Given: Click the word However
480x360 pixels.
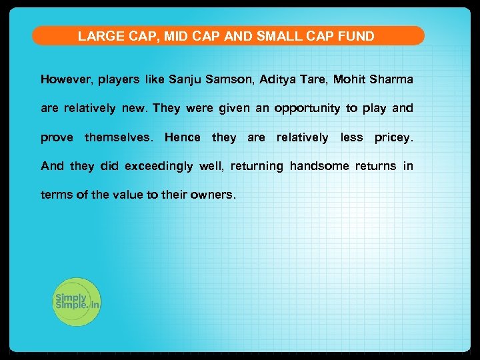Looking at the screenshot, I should (x=67, y=80).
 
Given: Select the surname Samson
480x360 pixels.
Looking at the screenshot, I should (x=229, y=80).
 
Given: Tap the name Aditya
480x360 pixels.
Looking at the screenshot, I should (x=279, y=80).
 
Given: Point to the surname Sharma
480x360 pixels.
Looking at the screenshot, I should (x=391, y=80).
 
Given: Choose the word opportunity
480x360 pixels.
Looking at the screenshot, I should (x=307, y=109).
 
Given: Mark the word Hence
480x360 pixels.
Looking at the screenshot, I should (x=182, y=137).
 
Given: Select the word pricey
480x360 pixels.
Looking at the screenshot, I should (x=394, y=137).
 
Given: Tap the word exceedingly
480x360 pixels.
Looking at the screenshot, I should (x=159, y=166).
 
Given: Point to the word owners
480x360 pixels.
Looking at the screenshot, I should (x=213, y=195).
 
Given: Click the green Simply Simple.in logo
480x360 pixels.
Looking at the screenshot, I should (x=75, y=302).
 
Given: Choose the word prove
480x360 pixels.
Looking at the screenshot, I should (x=57, y=138).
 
